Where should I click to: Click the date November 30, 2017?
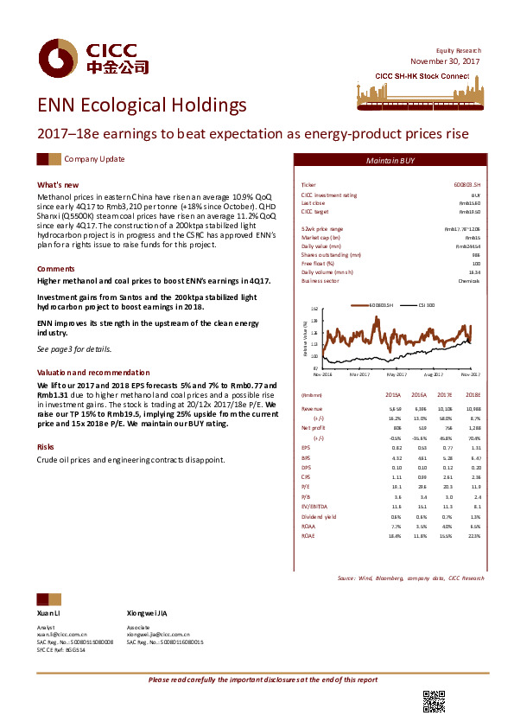click(445, 62)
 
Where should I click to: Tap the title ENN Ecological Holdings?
click(142, 105)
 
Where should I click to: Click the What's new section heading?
click(58, 185)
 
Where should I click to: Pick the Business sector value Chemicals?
click(470, 282)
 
